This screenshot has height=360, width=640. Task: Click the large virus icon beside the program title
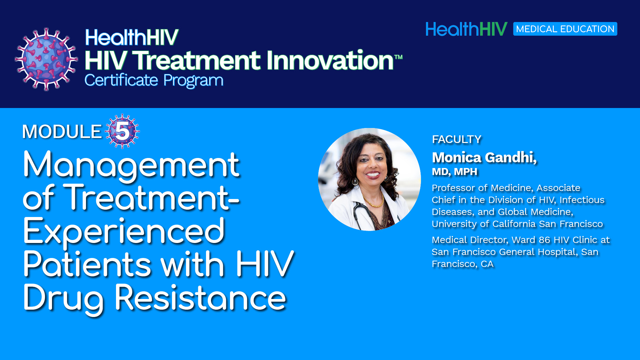tap(46, 59)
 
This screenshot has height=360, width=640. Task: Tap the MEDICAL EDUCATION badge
tap(565, 29)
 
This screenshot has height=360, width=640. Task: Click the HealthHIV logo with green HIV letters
tap(466, 29)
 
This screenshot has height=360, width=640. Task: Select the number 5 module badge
tap(122, 131)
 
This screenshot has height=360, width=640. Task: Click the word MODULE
tap(62, 132)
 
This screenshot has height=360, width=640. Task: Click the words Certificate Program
tap(154, 81)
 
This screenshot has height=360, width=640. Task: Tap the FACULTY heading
tap(457, 139)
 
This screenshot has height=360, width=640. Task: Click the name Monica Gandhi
tap(484, 158)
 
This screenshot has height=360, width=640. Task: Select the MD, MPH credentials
tap(455, 172)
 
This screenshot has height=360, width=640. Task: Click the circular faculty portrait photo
tap(369, 179)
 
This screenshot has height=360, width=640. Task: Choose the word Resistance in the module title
tap(200, 298)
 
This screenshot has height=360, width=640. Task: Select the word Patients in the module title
tap(87, 264)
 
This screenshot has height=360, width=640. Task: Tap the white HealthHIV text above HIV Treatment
tap(132, 37)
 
